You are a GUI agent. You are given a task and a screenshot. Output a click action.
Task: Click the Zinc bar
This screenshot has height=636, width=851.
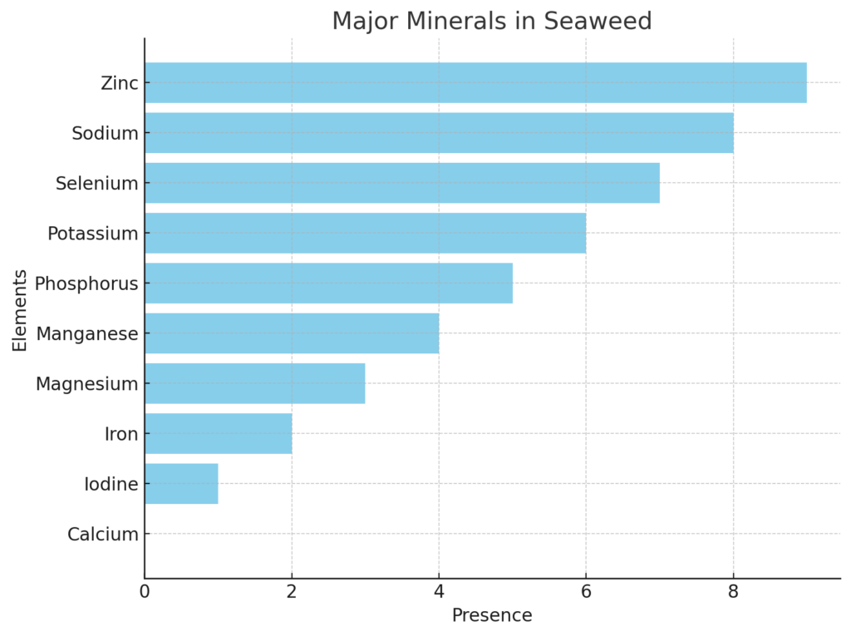[x=475, y=83]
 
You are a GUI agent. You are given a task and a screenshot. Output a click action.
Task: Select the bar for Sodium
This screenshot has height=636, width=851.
[x=439, y=133]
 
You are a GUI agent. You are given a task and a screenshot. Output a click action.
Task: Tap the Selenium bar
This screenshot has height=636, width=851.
[x=402, y=183]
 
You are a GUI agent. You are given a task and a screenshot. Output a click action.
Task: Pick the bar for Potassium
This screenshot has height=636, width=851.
[x=365, y=233]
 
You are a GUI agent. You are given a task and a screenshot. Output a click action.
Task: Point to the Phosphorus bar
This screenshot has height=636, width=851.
[x=328, y=283]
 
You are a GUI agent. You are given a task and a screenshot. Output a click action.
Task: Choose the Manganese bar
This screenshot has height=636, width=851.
[x=292, y=333]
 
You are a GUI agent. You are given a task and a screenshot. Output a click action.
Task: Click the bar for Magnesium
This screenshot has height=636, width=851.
[x=254, y=383]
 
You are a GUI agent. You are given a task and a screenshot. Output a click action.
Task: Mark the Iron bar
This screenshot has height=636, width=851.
[x=218, y=433]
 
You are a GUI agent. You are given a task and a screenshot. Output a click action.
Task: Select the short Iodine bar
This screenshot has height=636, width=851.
[x=181, y=484]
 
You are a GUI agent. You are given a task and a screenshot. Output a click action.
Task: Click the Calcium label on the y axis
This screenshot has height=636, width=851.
[x=103, y=535]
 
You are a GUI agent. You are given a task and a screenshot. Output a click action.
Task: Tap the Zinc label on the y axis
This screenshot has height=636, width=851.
[x=119, y=83]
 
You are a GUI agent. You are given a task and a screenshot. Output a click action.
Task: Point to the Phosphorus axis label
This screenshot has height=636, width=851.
[x=86, y=283]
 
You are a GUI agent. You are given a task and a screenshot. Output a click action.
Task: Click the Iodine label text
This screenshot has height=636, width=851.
[x=111, y=484]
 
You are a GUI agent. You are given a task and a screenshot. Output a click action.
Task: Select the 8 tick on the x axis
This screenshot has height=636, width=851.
[x=733, y=592]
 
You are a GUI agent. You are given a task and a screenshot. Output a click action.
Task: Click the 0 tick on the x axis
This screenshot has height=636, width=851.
[x=145, y=592]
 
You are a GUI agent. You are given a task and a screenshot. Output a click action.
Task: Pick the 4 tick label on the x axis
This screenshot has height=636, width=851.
[x=439, y=592]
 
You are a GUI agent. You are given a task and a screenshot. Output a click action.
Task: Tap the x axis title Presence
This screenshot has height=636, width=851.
[x=492, y=616]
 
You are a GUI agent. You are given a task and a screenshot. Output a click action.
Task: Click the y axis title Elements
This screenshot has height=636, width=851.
[x=20, y=310]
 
